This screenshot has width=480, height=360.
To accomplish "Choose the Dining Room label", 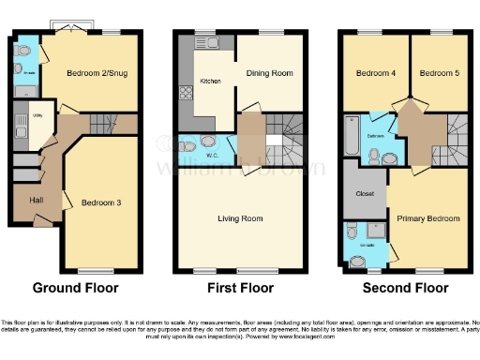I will pyautogui.click(x=269, y=72).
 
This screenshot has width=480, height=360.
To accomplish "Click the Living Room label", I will pyautogui.click(x=240, y=219).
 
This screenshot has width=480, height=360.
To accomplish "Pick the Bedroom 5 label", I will pyautogui.click(x=437, y=72).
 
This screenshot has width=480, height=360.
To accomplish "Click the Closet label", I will pyautogui.click(x=366, y=194).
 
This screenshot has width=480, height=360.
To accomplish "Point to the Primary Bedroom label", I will pyautogui.click(x=427, y=218).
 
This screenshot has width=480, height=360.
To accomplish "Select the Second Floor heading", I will pyautogui.click(x=404, y=288).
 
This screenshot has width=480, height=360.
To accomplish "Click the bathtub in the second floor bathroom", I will pyautogui.click(x=352, y=135).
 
